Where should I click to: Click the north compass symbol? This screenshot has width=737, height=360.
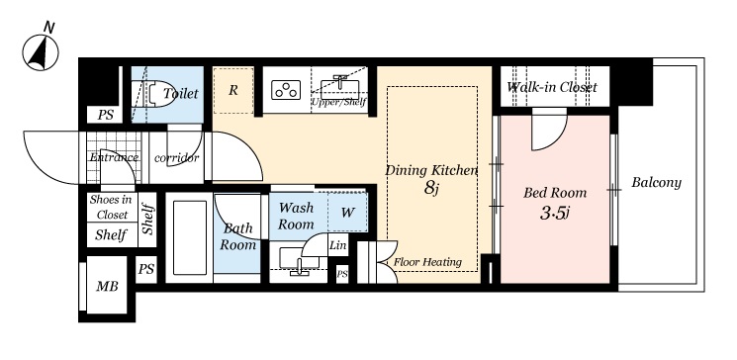[41, 51]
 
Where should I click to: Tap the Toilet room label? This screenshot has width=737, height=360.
[181, 94]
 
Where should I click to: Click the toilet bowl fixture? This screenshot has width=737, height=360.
[151, 95]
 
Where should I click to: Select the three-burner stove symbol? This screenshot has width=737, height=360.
[286, 90]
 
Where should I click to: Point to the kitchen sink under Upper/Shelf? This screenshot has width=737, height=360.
[339, 88]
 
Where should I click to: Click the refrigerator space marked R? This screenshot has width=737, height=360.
[233, 90]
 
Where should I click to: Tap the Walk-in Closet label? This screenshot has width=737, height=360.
[552, 87]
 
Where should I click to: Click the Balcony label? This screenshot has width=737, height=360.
[656, 182]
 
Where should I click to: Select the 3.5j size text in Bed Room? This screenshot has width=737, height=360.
[555, 214]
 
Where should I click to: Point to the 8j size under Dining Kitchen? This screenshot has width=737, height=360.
[431, 188]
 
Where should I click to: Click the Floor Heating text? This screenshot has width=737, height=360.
[427, 262]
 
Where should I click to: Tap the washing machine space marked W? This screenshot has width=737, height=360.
[347, 213]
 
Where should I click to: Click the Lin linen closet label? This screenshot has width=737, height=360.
[338, 245]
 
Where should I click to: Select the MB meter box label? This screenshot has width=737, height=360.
[107, 286]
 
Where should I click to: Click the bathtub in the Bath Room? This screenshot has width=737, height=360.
[189, 237]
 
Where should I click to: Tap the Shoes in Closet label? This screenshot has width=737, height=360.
[111, 207]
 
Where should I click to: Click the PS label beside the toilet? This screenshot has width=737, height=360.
[105, 115]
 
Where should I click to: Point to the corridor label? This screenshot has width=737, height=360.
[177, 158]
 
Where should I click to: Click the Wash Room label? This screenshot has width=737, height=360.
[296, 216]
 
